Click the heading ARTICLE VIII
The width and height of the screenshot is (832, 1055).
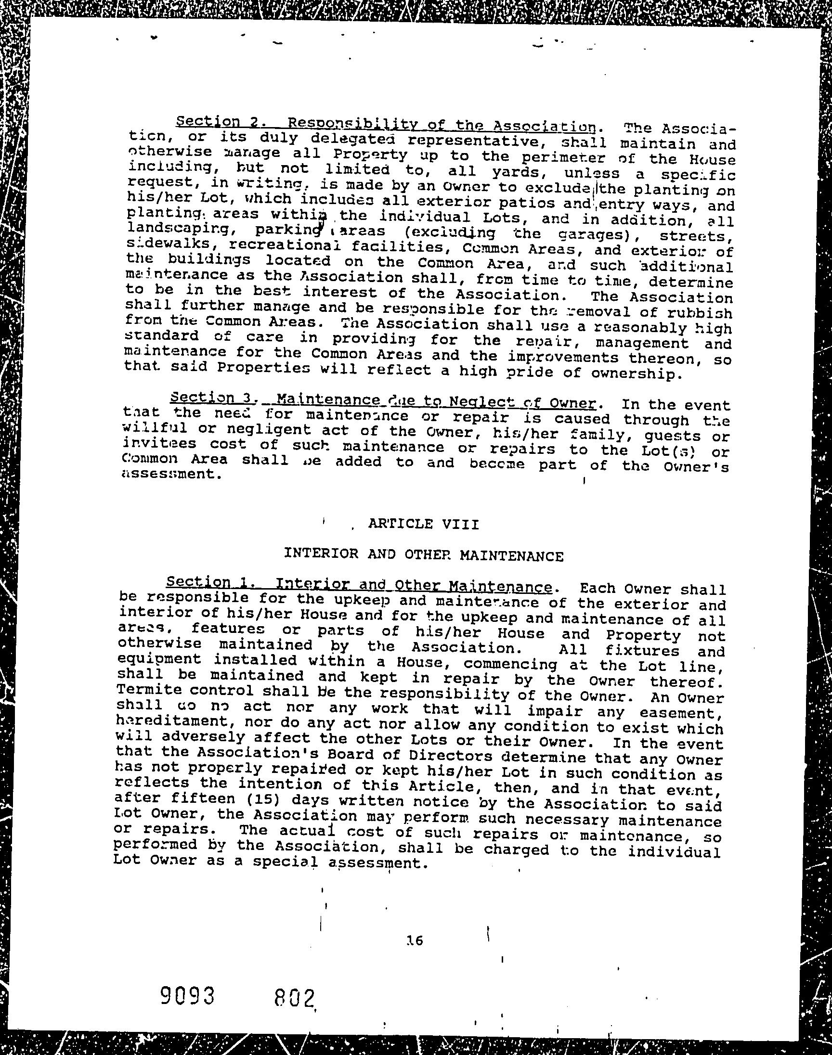pyautogui.click(x=423, y=524)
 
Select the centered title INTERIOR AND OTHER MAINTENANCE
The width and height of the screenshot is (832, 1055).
pyautogui.click(x=423, y=555)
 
